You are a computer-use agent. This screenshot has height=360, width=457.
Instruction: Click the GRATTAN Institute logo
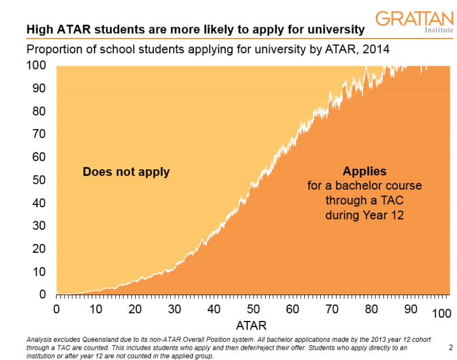point(413,21)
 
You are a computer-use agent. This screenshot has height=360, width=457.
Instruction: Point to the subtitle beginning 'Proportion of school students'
point(208,49)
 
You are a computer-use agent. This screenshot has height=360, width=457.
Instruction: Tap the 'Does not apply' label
point(126,172)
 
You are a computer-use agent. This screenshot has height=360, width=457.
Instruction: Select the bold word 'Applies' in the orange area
point(365,171)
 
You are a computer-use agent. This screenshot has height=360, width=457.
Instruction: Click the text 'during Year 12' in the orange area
point(365,215)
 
